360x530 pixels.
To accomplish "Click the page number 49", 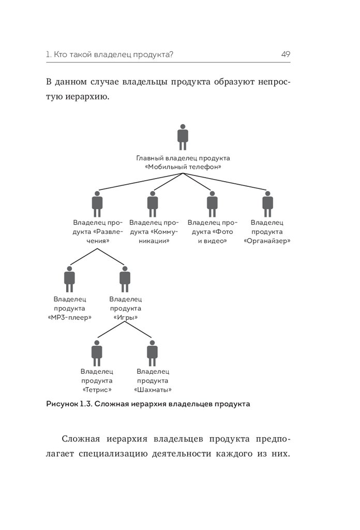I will coord(286,54).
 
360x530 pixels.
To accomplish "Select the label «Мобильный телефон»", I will coord(183,167).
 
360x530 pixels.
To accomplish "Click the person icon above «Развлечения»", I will coord(97,204).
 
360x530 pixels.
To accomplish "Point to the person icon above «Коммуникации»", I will coord(153,204).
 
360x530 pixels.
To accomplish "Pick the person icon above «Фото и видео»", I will coord(212,204).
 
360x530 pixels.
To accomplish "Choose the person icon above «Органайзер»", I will coord(267,204).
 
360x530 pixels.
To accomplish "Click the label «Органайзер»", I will coord(267,241).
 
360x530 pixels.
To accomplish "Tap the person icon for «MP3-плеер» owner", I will coord(69,279).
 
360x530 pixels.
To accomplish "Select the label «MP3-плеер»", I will coord(69,317).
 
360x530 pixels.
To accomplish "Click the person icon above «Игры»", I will coord(125,279).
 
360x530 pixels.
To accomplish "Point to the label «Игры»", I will coord(125,317).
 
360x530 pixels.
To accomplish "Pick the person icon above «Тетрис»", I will coord(97,352).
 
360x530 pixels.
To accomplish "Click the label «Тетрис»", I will coord(97,390).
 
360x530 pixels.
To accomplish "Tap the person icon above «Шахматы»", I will coord(152,352).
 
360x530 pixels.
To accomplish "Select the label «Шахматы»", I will coord(153,390).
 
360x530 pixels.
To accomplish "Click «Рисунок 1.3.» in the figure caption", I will coord(68,404).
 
